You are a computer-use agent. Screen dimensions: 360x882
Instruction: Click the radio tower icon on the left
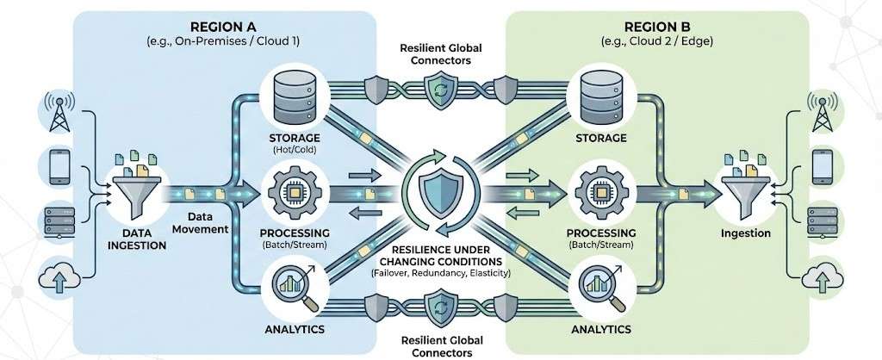tap(59, 112)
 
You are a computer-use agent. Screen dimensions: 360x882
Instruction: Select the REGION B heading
tap(657, 26)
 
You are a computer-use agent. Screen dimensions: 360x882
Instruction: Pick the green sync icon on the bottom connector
tap(441, 307)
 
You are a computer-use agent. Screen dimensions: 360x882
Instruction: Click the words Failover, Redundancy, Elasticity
tap(441, 273)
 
